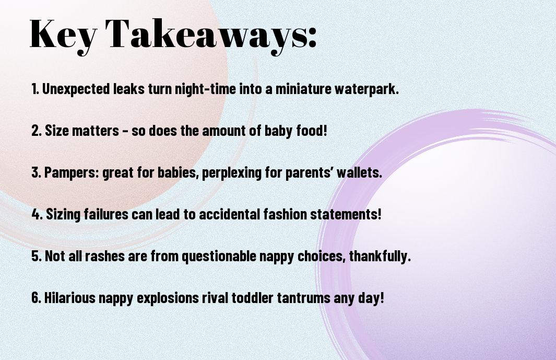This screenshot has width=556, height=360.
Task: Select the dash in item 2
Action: point(125,131)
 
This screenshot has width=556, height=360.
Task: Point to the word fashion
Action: point(285,214)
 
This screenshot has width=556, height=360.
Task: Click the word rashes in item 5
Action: point(104,256)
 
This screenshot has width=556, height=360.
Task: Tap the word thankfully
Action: point(380,256)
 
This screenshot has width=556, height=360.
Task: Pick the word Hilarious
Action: point(70,297)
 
